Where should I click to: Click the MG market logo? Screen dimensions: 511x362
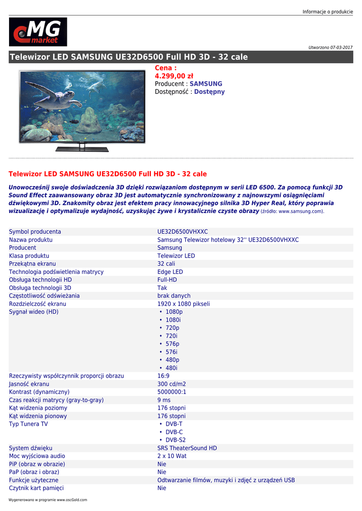38,32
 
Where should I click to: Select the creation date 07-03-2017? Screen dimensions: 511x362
342,47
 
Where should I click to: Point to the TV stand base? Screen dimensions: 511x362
81,148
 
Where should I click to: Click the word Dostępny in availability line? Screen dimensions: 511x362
209,92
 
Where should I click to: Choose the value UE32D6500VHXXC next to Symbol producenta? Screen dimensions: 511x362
182,232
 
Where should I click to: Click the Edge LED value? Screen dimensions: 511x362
170,271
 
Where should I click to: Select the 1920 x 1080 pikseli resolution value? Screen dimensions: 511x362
183,303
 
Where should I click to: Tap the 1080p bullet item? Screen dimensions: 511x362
174,312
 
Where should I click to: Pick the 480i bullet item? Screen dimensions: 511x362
171,368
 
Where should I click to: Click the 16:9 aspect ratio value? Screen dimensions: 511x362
163,376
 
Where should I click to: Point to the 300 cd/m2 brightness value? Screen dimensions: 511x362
171,384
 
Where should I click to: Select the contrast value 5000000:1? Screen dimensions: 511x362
172,392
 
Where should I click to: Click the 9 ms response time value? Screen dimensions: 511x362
164,400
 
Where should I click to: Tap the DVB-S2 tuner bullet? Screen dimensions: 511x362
175,440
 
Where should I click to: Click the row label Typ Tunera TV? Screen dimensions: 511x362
28,424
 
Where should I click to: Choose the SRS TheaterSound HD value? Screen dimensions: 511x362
187,448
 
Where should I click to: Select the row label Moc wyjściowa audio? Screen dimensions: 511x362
37,456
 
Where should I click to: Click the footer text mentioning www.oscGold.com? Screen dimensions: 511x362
48,500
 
